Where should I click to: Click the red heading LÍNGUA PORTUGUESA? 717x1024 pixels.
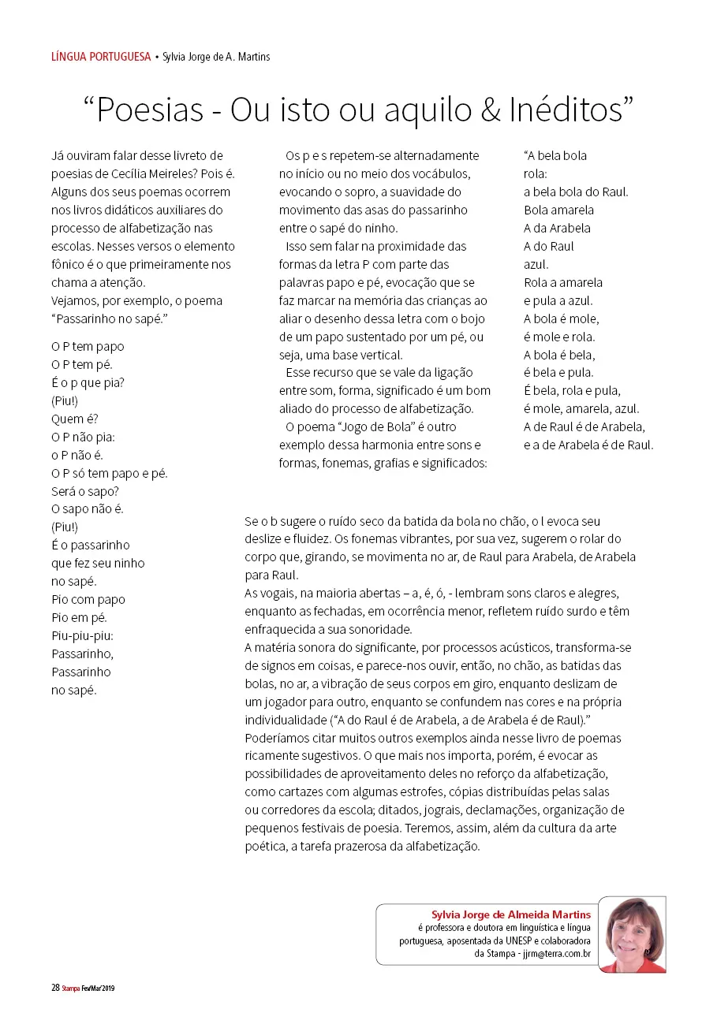coord(101,57)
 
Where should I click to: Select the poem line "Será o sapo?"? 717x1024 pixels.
coord(85,491)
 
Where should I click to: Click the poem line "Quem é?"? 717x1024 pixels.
coord(75,419)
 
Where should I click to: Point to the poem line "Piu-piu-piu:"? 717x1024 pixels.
coord(83,635)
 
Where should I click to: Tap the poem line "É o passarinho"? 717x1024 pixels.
coord(91,545)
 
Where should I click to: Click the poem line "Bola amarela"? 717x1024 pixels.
coord(558,210)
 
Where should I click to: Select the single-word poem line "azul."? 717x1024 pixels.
coord(536,264)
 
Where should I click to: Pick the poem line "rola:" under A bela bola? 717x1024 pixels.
coord(536,173)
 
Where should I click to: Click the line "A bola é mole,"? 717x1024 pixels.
coord(561,318)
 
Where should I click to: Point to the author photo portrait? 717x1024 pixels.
coord(632,934)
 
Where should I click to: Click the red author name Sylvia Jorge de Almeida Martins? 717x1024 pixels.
coord(510,914)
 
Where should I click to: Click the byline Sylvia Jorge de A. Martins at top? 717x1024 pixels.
coord(216,57)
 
